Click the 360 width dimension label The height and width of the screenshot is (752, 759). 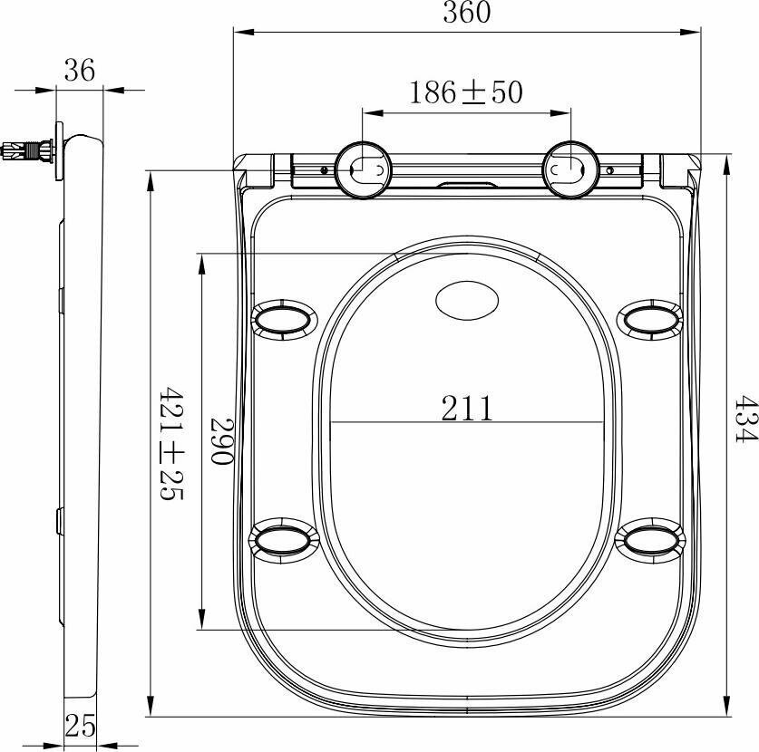467,13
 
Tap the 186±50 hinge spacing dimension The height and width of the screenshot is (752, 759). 466,92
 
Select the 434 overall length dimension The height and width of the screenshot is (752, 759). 745,419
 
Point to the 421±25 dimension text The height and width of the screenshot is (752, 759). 171,443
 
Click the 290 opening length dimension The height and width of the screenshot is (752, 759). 222,441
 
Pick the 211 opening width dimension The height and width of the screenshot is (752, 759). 467,409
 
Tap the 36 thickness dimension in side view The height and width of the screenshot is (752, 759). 80,71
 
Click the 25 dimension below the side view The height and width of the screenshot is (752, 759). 81,726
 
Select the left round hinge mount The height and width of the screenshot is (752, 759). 363,169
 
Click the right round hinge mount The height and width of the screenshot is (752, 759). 571,169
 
